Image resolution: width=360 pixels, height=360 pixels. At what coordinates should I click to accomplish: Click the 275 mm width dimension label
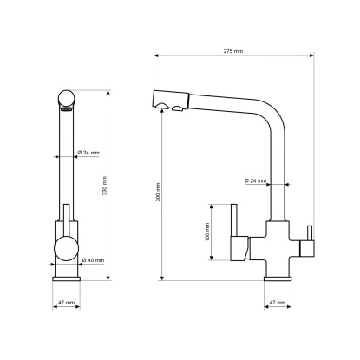click(233, 51)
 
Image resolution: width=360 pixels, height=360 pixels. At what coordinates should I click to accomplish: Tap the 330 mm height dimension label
click(105, 186)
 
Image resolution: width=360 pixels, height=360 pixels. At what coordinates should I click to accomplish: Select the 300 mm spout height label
click(158, 192)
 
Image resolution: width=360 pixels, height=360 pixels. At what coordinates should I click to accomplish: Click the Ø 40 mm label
click(93, 260)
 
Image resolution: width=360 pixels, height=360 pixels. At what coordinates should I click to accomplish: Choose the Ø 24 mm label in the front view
click(89, 153)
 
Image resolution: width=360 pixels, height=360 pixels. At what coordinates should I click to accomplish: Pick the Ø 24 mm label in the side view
click(256, 180)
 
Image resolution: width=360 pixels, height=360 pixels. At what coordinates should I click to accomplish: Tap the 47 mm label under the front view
click(67, 303)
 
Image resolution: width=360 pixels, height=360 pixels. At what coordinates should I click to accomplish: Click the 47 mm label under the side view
click(278, 303)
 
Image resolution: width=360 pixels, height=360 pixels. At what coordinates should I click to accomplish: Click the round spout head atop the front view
click(67, 98)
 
